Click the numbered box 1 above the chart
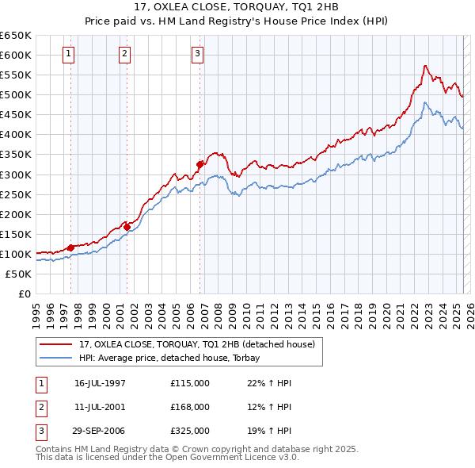(x=70, y=54)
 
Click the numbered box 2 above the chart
(x=125, y=54)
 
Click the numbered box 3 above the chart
(x=197, y=54)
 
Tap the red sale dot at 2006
(x=200, y=164)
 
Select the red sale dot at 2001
(x=127, y=227)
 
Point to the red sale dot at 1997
(x=70, y=247)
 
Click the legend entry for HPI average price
(x=175, y=358)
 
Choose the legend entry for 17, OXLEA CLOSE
(x=197, y=344)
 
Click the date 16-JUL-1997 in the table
(x=100, y=383)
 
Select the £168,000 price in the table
(x=189, y=407)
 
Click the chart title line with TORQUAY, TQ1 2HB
(x=237, y=8)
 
